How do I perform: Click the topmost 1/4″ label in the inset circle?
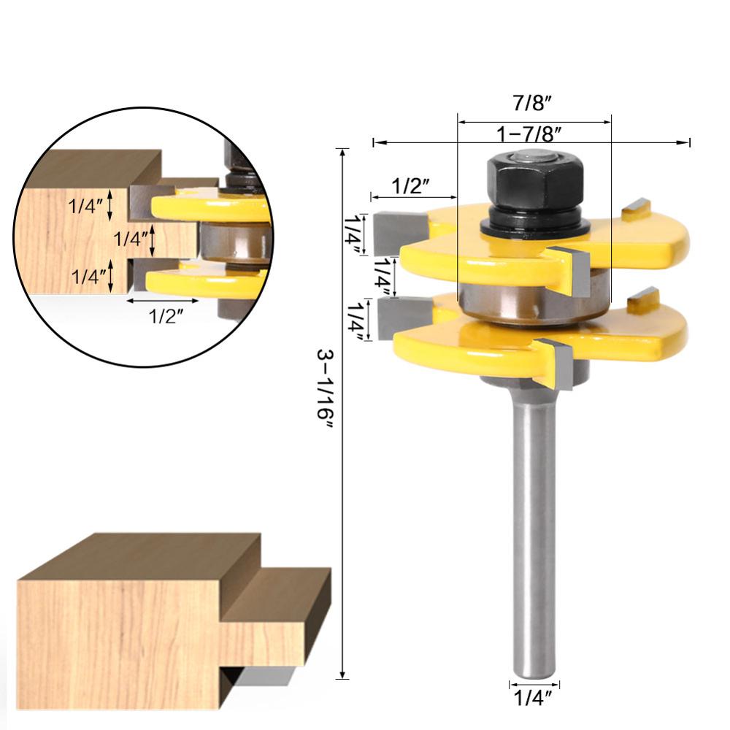tap(87, 206)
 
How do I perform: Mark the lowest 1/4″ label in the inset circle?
tap(87, 277)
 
